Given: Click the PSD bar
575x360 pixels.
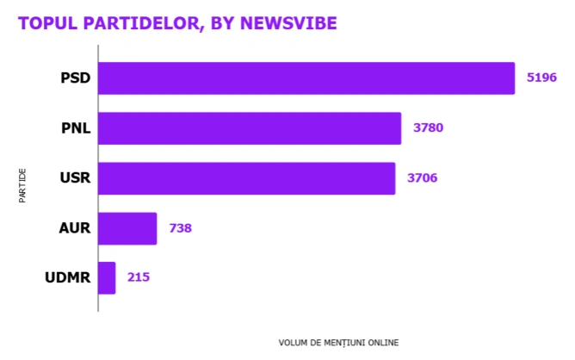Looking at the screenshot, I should [306, 78].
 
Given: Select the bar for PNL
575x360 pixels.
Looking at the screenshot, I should [250, 128].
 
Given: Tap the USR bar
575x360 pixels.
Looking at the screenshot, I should [247, 178].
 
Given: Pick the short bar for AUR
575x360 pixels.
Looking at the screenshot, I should [127, 228].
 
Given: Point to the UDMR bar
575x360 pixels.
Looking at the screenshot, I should [107, 278].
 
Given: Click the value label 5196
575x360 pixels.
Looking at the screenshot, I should [541, 78].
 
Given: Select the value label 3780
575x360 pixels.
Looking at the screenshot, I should [428, 128].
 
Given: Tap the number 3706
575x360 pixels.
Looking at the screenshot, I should [423, 178].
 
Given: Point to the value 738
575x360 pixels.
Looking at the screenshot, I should [180, 228].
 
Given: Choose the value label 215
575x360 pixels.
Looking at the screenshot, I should [139, 278].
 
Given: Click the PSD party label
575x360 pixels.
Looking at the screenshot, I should [76, 78].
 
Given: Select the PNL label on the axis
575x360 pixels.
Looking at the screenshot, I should [76, 128].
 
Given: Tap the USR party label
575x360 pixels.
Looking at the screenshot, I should [76, 178].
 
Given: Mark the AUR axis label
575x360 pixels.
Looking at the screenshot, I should [76, 228].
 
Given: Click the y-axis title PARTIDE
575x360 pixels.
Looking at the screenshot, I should [22, 186].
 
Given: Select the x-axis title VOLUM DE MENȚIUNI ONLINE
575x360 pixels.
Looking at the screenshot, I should [338, 342].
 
